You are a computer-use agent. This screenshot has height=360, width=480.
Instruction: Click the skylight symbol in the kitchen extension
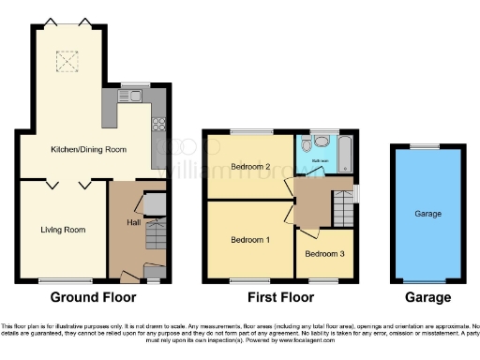[67, 62]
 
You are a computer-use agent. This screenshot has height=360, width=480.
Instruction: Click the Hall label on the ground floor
[133, 222]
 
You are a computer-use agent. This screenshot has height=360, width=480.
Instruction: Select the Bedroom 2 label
[249, 168]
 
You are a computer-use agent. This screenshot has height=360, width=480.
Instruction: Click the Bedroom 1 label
[249, 239]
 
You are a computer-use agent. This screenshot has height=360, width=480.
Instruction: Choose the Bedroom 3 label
[324, 254]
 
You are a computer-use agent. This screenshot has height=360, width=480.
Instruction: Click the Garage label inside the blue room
[428, 215]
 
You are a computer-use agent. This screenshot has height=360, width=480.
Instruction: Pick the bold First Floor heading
[279, 298]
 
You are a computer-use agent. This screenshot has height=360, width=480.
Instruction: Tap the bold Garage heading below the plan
[428, 298]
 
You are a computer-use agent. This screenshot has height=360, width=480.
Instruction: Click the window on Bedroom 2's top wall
[249, 131]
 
